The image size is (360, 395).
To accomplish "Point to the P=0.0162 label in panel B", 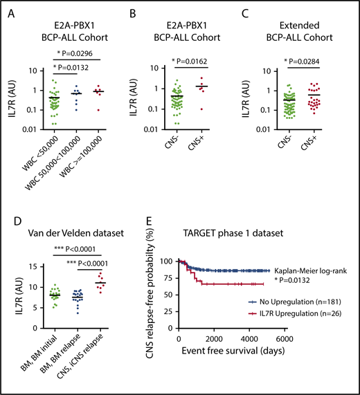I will pos(181,61).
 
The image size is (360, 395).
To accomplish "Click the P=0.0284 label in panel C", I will pos(303,61).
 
